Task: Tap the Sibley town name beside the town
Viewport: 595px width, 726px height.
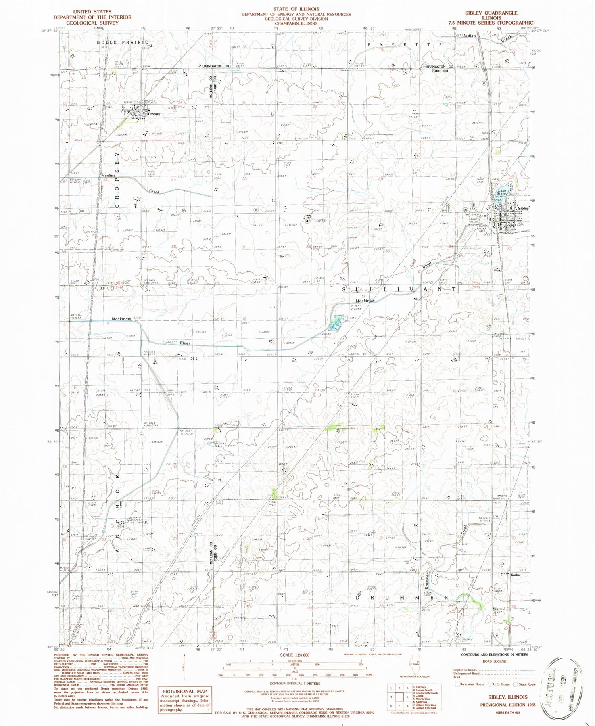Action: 523,208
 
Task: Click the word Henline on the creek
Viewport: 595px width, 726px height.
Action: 108,175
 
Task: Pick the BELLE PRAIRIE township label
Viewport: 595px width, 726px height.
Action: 123,42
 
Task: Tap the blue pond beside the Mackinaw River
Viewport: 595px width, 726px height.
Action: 336,322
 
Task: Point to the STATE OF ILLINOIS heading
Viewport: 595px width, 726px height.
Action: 296,9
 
